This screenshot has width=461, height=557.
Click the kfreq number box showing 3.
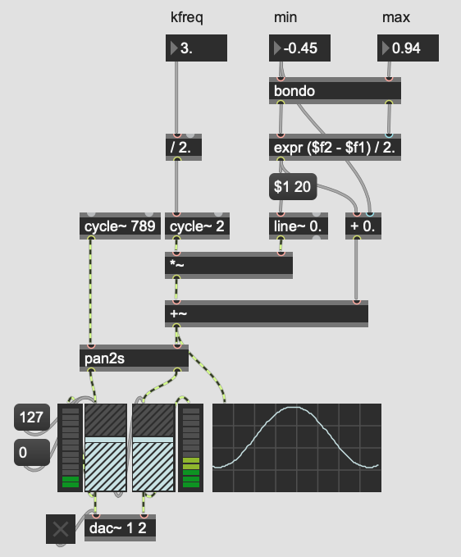pos(196,48)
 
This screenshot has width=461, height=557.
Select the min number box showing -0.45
pos(299,48)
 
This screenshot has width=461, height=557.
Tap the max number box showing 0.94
pos(408,48)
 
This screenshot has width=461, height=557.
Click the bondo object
pos(335,90)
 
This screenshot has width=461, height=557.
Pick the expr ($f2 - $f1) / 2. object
pos(335,148)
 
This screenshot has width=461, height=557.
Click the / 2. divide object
pos(184,148)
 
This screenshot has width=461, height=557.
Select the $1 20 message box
pos(293,186)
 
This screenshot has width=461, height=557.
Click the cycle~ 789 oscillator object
pos(120,226)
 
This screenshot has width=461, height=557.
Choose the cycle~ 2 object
pos(197,226)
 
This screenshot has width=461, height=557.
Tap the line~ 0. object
pos(299,226)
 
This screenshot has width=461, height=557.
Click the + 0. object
pos(363,226)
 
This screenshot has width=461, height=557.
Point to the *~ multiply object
pos(229,265)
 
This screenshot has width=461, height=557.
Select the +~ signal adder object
pos(267,313)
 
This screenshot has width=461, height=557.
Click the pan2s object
pos(134,358)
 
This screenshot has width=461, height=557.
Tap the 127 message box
pos(32,417)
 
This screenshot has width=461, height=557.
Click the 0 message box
pos(32,452)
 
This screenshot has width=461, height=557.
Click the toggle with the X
pos(61,529)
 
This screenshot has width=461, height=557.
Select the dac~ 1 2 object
pos(120,527)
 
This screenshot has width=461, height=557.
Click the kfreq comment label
pos(187,17)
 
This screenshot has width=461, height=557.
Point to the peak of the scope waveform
pos(296,408)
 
